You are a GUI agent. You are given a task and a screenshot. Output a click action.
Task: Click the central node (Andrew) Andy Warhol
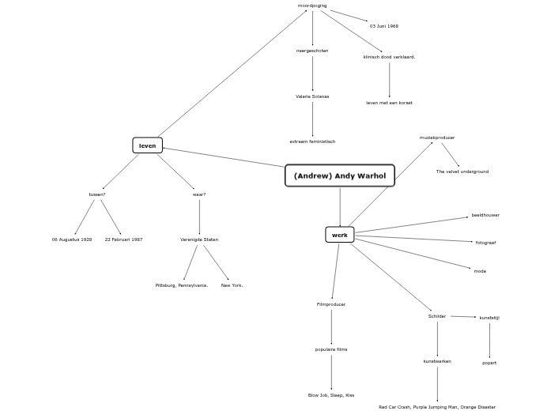339,175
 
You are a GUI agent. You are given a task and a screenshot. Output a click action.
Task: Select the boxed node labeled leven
147,145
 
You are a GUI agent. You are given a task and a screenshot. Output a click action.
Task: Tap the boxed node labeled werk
340,235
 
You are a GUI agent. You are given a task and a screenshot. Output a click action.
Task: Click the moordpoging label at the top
312,6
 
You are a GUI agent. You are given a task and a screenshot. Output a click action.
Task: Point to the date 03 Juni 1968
384,26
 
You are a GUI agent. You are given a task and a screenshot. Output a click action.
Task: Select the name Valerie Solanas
312,96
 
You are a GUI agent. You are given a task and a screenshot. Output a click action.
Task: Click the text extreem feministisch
312,141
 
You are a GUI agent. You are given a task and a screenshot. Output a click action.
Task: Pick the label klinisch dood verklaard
389,57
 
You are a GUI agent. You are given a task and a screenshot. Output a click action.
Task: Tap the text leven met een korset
389,103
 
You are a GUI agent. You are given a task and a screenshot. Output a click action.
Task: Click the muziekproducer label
437,138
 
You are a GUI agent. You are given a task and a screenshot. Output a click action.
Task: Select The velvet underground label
462,172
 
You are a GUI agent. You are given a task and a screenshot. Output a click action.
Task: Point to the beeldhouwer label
485,215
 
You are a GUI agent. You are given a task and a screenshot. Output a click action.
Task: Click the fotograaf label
485,243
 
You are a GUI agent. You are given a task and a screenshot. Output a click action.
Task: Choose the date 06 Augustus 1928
72,239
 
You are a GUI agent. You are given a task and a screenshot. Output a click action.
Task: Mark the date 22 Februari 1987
123,239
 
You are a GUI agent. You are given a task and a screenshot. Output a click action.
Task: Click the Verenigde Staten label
199,239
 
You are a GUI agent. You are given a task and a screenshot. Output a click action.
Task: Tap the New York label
232,285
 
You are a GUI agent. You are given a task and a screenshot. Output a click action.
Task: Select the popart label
489,363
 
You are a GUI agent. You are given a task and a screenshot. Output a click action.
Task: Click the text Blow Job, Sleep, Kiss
331,395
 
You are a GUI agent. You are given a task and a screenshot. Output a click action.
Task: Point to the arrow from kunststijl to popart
489,340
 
